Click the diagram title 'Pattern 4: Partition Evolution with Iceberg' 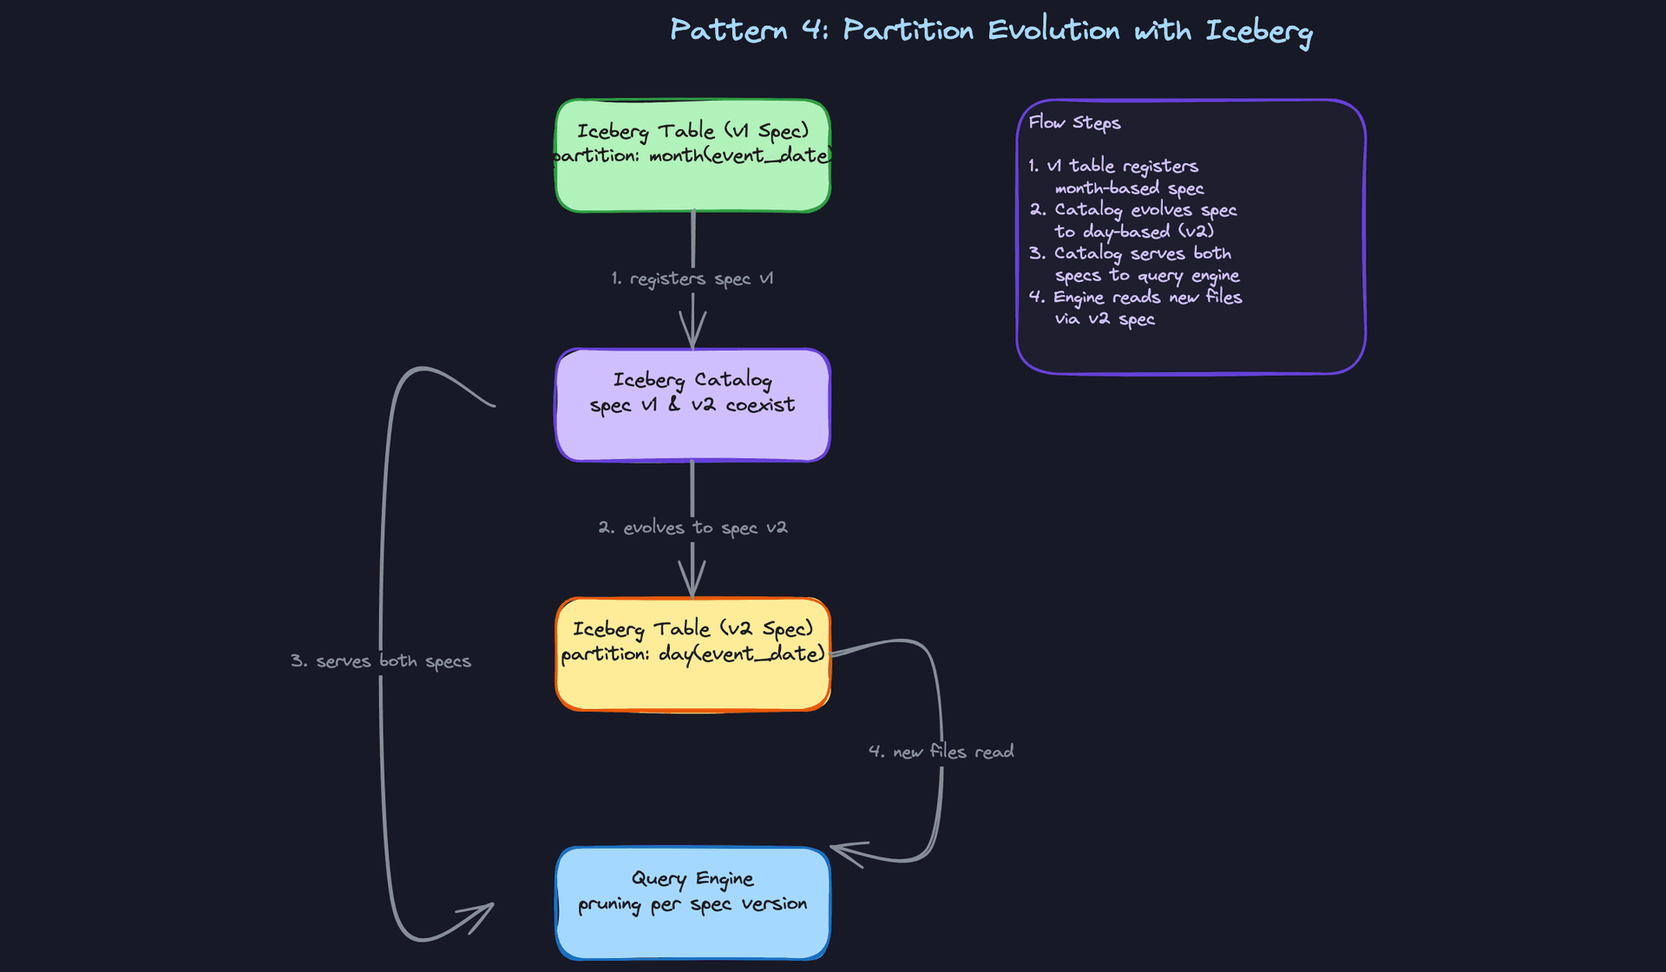(991, 31)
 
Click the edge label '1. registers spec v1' (692, 279)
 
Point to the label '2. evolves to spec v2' (692, 528)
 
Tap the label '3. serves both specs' (381, 661)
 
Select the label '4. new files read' (941, 752)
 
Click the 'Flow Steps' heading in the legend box (1074, 122)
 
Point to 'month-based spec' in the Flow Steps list (1129, 188)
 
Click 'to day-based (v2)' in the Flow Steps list (1133, 232)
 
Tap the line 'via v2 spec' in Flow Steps (1105, 319)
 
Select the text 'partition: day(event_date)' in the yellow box (692, 654)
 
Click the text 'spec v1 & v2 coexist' (692, 405)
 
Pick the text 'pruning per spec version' (692, 904)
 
